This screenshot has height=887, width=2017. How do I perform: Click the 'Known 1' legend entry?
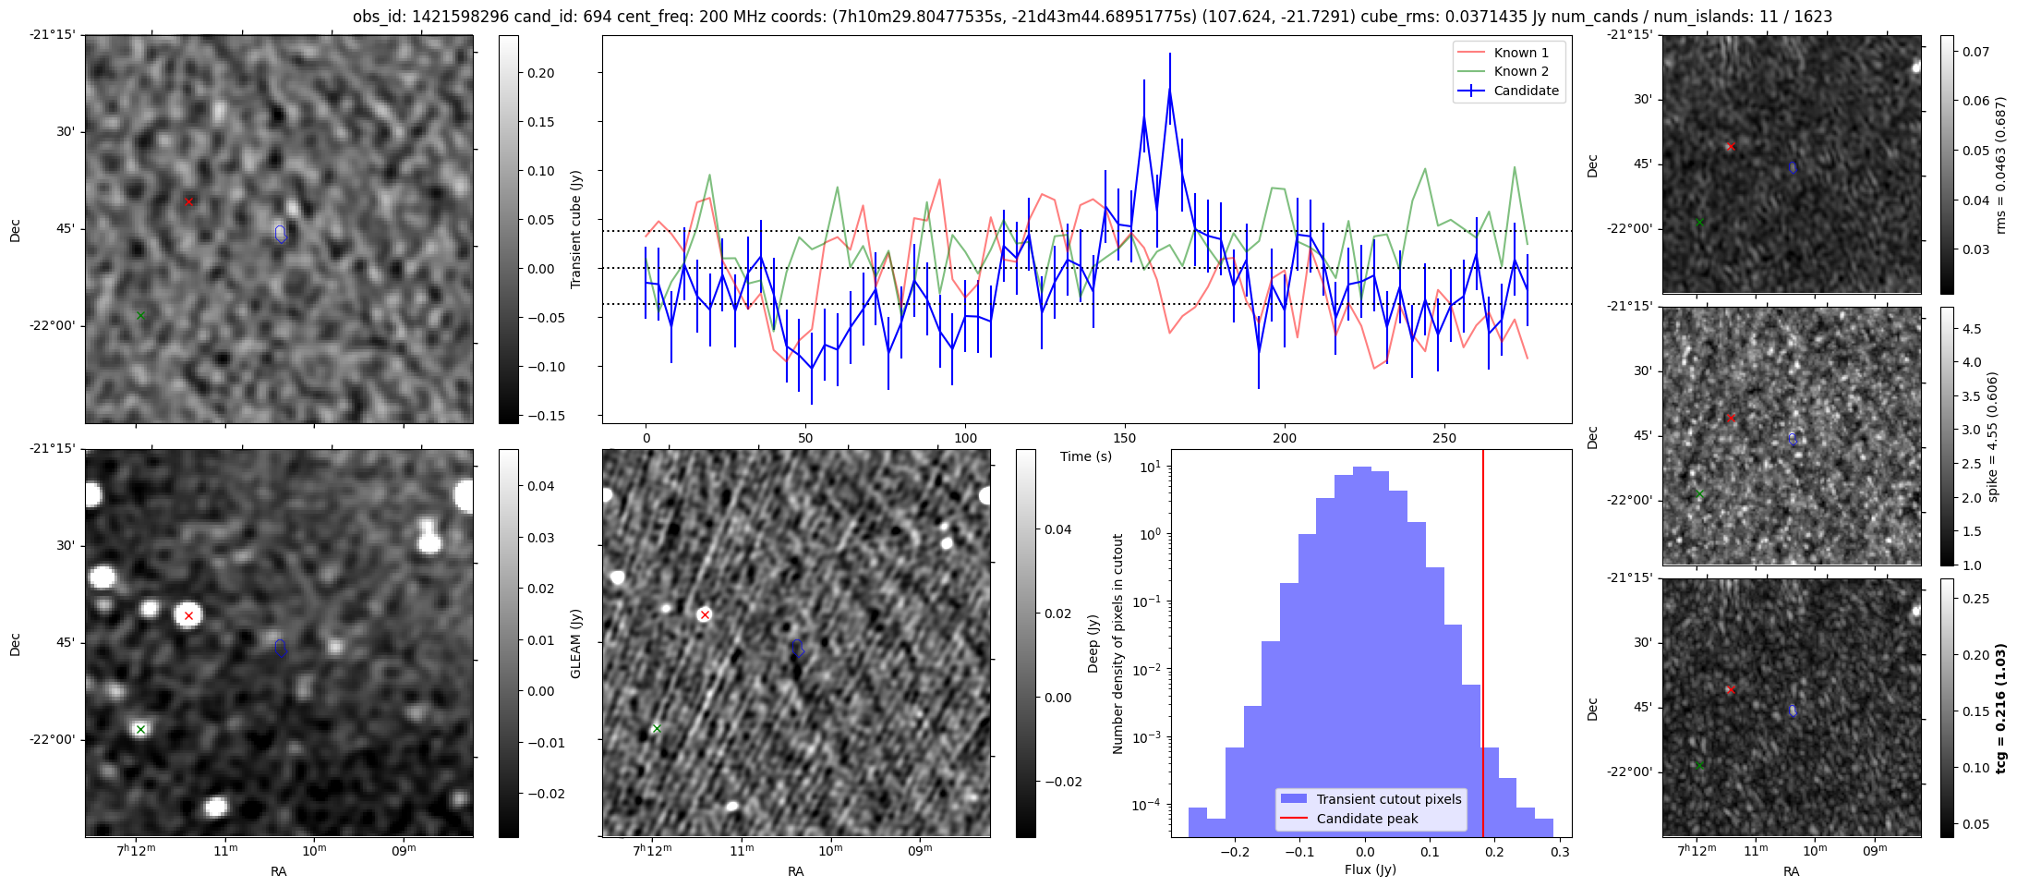[1520, 53]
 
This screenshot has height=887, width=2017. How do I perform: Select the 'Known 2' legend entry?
[1520, 71]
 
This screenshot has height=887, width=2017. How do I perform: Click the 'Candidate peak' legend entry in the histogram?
[1367, 819]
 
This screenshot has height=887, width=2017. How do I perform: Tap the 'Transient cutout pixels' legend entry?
[1388, 799]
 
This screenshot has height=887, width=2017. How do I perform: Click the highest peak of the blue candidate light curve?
[1169, 90]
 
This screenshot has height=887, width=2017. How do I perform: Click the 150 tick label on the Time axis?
[1125, 438]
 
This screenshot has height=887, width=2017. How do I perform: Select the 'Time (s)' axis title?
[1086, 456]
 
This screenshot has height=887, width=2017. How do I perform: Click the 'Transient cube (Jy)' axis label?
[576, 229]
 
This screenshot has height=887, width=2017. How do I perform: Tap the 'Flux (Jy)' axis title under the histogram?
[1371, 869]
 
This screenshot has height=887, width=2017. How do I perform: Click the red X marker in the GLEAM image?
[188, 615]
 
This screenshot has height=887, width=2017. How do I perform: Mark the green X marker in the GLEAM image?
[140, 730]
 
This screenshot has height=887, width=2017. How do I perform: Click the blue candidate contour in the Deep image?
[798, 649]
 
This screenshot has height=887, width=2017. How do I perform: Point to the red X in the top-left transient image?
[188, 201]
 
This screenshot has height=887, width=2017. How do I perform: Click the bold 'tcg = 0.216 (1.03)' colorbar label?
[2000, 708]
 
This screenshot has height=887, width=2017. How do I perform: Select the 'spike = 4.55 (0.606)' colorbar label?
[1993, 436]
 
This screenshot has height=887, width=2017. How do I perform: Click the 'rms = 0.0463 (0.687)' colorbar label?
[2000, 164]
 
